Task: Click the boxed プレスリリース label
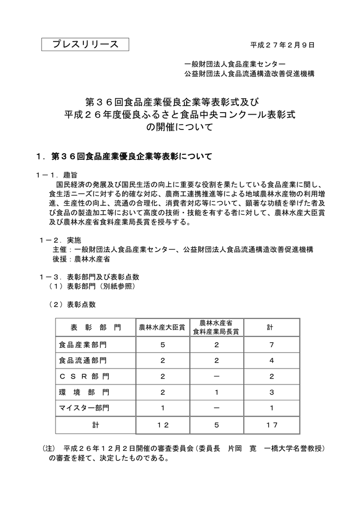point(85,45)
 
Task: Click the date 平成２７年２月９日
point(283,45)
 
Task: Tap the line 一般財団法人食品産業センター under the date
point(235,64)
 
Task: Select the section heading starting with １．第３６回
point(124,157)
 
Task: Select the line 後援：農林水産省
point(81,259)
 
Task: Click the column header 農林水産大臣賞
point(162,328)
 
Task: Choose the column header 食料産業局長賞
point(216,331)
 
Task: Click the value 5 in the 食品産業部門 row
point(162,345)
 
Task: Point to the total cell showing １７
point(271,425)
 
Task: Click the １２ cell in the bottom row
point(162,425)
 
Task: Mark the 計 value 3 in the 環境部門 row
point(271,392)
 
